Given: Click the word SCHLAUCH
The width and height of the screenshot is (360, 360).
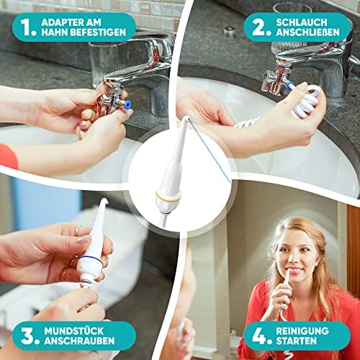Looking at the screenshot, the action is click(x=302, y=22).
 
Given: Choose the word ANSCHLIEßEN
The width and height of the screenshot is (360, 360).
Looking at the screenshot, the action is click(x=307, y=32).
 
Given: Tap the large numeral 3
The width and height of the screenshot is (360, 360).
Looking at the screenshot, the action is click(x=28, y=336).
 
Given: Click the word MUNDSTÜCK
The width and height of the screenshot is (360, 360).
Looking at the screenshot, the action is click(x=73, y=331).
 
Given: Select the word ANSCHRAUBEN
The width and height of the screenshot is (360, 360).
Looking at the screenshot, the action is click(x=79, y=341).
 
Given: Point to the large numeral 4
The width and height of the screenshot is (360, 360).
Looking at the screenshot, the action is click(x=261, y=336).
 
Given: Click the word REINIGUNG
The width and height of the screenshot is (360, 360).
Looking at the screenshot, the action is click(x=302, y=331).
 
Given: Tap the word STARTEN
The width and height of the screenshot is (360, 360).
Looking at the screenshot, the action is click(x=296, y=341).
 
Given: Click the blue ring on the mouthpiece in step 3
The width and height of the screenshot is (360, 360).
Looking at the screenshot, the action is click(x=90, y=260).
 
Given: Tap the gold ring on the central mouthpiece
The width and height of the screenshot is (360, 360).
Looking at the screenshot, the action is click(x=168, y=196).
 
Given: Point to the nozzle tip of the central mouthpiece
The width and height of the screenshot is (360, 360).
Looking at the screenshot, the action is click(x=186, y=117).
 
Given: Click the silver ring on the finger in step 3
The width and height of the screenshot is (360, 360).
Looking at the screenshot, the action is click(x=78, y=230).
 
